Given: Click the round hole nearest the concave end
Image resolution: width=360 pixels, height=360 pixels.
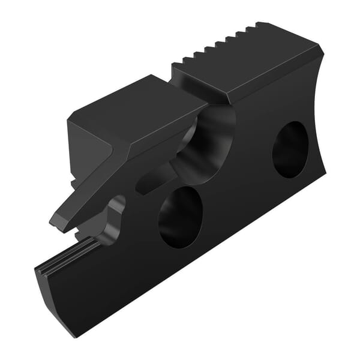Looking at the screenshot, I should (290, 149).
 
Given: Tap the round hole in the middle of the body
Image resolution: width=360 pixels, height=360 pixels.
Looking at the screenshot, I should (181, 217).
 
